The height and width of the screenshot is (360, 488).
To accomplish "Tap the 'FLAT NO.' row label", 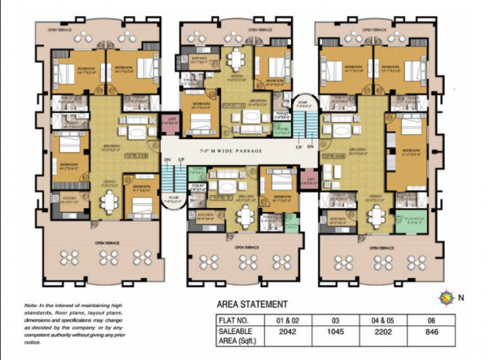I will coord(237,320).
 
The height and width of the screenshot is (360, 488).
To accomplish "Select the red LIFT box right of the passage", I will coord(310,180).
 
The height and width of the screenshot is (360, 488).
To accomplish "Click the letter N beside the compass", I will coord(460,298).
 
